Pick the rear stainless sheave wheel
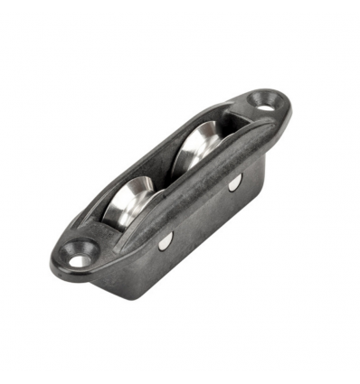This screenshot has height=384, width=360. [x=205, y=145]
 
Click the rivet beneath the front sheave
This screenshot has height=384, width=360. [x=164, y=241]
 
